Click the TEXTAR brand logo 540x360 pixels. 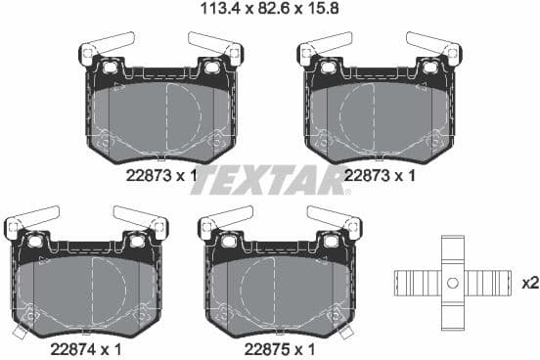click(271, 179)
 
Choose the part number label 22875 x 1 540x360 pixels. click(279, 346)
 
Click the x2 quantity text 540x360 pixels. click(529, 283)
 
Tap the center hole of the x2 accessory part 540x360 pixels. click(451, 283)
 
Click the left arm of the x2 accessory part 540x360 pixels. click(417, 283)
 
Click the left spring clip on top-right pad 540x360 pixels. click(327, 45)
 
